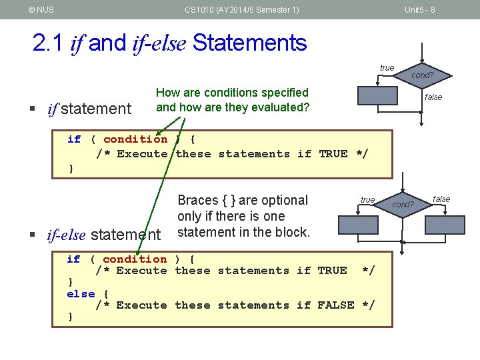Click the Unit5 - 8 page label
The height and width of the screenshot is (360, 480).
[x=420, y=10]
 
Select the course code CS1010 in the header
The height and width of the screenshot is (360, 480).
[x=198, y=10]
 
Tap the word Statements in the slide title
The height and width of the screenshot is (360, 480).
[x=249, y=43]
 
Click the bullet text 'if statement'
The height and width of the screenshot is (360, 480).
[x=89, y=109]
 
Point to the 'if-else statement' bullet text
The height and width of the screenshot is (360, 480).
[x=103, y=235]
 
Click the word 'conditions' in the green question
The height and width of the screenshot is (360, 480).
[x=217, y=93]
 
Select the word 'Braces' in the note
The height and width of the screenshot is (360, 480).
[x=197, y=200]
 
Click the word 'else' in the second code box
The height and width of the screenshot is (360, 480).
[x=81, y=293]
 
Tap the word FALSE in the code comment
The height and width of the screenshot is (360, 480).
[x=335, y=305]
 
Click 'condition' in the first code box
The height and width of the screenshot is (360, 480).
[x=135, y=139]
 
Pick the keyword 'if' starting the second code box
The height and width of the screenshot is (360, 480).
[x=73, y=259]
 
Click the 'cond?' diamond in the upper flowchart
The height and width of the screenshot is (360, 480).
[x=421, y=76]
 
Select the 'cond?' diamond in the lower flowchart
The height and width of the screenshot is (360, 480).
[x=403, y=204]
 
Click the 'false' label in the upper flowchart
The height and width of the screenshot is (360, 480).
[x=433, y=97]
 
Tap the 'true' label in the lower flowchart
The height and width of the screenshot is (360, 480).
[x=367, y=200]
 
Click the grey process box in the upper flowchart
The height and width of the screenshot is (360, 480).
[x=377, y=96]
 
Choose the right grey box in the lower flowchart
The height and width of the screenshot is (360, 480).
[x=445, y=225]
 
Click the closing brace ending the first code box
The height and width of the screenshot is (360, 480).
[x=71, y=169]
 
